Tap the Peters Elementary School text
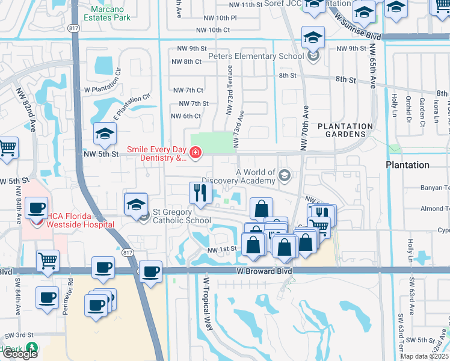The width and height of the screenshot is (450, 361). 256,57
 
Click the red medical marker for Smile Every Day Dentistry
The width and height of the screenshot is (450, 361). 195,154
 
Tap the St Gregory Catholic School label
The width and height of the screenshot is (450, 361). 182,216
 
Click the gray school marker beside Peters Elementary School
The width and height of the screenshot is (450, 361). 313,57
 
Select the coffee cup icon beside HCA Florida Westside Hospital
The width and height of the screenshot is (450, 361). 36,209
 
